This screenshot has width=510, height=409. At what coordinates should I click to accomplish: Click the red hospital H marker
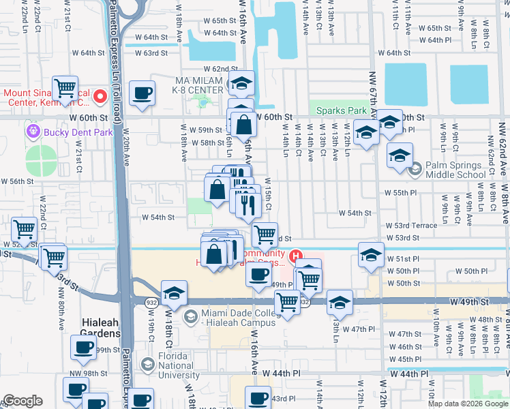pyautogui.click(x=296, y=257)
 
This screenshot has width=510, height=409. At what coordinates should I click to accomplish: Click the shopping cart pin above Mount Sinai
pyautogui.click(x=65, y=88)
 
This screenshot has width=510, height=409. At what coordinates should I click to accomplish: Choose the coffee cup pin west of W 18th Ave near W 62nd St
pyautogui.click(x=142, y=93)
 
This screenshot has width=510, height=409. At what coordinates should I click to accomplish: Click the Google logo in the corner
pyautogui.click(x=22, y=401)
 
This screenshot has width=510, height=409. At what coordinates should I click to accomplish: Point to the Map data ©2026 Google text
pyautogui.click(x=467, y=404)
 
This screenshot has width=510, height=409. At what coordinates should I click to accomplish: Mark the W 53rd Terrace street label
pyautogui.click(x=411, y=225)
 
